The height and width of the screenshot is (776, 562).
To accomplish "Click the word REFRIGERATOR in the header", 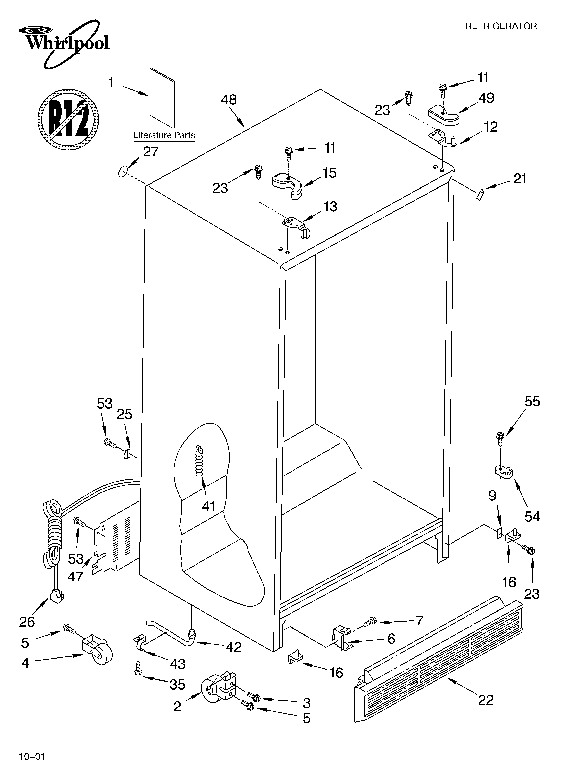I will [501, 26].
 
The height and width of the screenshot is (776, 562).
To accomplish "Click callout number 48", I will [229, 100].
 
